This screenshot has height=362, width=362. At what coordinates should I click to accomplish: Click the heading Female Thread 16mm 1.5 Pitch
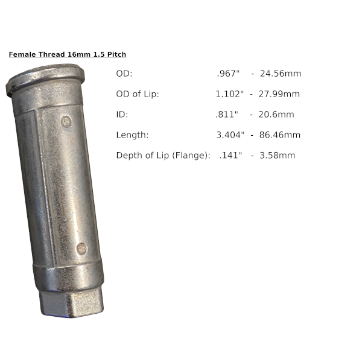click(68, 54)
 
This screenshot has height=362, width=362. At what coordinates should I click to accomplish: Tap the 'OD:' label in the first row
click(124, 74)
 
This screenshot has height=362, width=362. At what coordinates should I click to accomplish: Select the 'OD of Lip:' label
click(138, 94)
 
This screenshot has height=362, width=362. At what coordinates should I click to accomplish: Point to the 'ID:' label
click(122, 115)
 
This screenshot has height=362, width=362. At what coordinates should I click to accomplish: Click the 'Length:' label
click(132, 135)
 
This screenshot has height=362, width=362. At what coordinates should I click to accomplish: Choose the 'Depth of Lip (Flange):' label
click(164, 156)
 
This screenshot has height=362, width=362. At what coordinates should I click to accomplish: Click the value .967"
click(228, 74)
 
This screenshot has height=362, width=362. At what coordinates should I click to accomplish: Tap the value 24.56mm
click(281, 74)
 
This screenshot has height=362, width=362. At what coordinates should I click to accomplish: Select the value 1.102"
click(229, 94)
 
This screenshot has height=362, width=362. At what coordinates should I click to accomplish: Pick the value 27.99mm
click(279, 94)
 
